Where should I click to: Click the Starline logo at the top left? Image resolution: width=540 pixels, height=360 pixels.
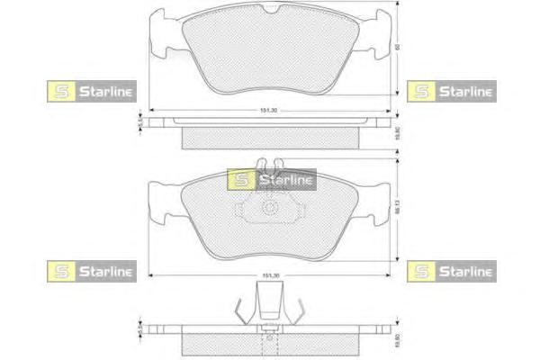(x=90, y=90)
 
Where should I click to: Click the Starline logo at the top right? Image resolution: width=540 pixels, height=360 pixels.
(x=451, y=90)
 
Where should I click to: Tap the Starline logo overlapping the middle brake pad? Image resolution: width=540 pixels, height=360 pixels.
(x=271, y=180)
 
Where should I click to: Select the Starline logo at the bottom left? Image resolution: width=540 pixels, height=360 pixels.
(x=90, y=270)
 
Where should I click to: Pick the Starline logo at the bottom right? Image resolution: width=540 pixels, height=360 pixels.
(x=451, y=270)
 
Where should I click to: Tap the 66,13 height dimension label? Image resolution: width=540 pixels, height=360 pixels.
(x=397, y=215)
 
